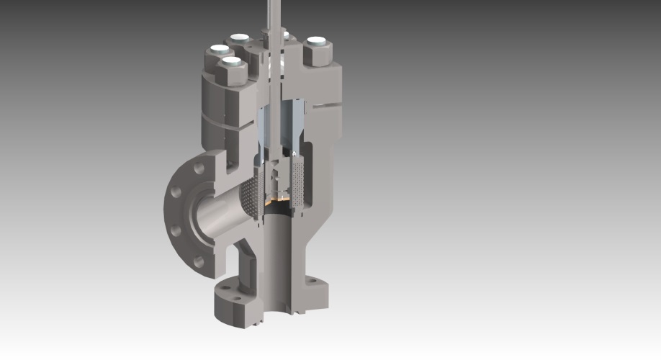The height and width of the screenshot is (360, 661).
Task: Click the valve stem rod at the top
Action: pyautogui.click(x=274, y=14)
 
